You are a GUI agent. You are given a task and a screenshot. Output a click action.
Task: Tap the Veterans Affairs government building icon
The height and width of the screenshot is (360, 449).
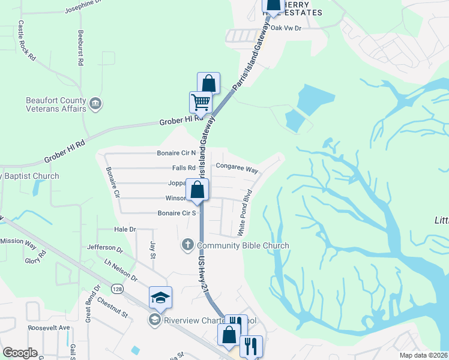[95, 105]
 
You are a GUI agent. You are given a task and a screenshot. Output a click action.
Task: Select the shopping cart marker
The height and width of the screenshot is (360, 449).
[200, 102]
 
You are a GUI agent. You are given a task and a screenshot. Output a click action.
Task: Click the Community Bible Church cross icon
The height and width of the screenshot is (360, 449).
[187, 245]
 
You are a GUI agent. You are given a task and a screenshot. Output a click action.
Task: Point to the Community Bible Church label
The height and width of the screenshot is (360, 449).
[243, 245]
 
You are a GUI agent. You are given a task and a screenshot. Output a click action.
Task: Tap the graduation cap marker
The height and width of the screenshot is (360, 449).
[160, 296]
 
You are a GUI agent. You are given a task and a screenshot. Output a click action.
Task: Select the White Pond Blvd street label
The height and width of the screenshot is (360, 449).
[247, 212]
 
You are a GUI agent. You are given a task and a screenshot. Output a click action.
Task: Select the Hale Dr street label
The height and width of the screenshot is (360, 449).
[125, 229]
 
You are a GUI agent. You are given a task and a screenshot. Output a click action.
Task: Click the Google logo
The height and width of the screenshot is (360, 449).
[20, 353]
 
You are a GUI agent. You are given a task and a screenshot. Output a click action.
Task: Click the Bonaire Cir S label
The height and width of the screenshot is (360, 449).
[177, 213]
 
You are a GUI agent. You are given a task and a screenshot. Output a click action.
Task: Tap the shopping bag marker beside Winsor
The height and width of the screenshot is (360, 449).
[197, 190]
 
